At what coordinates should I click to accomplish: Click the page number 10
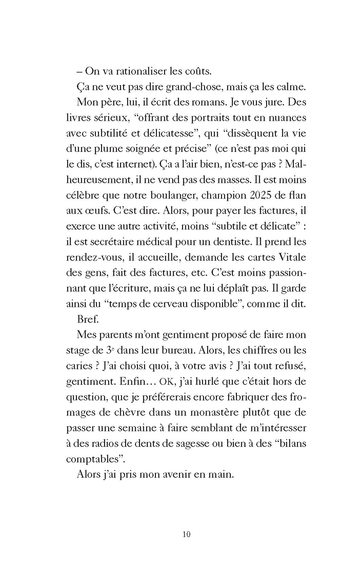pos(186,534)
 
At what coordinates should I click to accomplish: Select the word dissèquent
pos(247,133)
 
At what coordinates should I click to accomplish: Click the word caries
pos(79,366)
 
